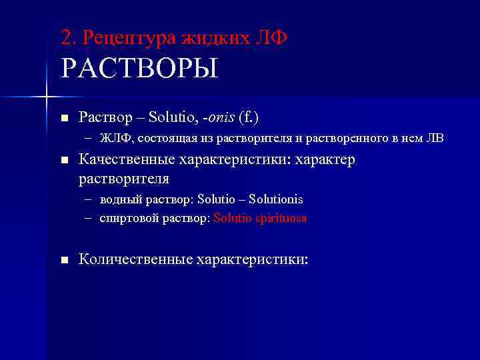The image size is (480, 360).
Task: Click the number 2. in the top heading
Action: [x=67, y=37]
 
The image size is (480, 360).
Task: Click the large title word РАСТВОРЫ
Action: [x=139, y=69]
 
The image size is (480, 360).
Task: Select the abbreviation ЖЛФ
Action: [x=115, y=139]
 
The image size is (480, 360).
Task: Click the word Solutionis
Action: [x=276, y=199]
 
